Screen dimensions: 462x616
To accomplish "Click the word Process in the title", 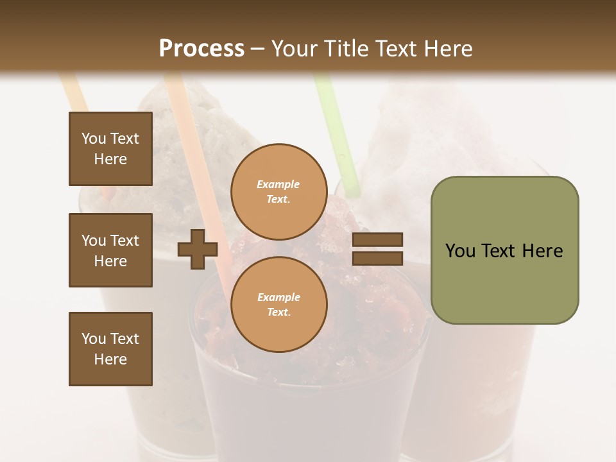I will point(201,48).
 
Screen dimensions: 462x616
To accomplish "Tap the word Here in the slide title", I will point(445,48).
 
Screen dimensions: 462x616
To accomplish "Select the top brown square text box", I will point(110,149).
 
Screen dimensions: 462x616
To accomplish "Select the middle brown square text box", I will point(110,250).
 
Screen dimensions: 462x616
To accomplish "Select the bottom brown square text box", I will point(110,349).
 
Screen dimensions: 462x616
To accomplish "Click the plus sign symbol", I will point(197,249).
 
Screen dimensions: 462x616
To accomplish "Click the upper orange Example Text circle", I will point(278,191).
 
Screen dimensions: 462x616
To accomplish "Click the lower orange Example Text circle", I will point(278,304).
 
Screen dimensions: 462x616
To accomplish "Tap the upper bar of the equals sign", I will point(377,239).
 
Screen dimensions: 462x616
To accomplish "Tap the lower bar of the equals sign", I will point(377,258).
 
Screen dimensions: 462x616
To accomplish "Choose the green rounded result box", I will point(504,250).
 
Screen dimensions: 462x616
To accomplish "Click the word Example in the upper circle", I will point(278,184).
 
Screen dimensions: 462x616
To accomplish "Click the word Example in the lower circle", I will point(278,297).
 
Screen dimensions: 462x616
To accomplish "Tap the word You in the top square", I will point(93,139).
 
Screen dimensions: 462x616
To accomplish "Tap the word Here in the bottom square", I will point(110,359).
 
